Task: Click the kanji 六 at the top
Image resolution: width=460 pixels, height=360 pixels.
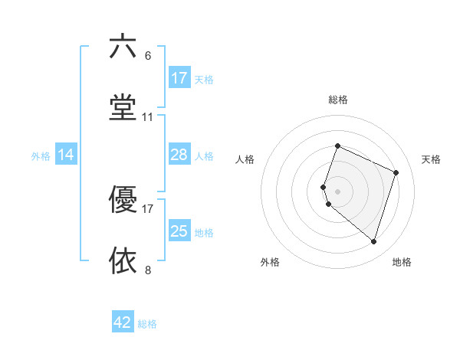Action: pyautogui.click(x=123, y=47)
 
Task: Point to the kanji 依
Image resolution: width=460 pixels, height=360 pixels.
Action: pyautogui.click(x=123, y=260)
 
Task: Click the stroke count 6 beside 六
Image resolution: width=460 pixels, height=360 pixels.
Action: pyautogui.click(x=147, y=56)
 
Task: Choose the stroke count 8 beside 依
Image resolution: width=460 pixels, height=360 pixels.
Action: pyautogui.click(x=147, y=270)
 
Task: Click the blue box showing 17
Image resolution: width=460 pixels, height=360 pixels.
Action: pyautogui.click(x=179, y=78)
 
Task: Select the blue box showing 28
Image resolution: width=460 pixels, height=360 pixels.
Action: pyautogui.click(x=179, y=155)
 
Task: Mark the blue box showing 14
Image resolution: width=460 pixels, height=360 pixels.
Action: pyautogui.click(x=66, y=155)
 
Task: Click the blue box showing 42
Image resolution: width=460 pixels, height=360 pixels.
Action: pyautogui.click(x=123, y=322)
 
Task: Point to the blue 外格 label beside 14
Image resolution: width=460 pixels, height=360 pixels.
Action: pyautogui.click(x=41, y=155)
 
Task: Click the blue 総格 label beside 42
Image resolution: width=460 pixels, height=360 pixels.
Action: pyautogui.click(x=147, y=324)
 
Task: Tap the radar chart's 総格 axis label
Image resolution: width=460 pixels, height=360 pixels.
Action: pyautogui.click(x=337, y=100)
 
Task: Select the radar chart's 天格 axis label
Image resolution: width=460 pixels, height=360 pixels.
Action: pyautogui.click(x=431, y=159)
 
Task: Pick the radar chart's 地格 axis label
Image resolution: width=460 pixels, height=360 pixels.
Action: pyautogui.click(x=402, y=262)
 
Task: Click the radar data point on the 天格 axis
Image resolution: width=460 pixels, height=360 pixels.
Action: pyautogui.click(x=396, y=172)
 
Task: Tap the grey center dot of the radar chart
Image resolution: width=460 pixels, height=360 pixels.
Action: pyautogui.click(x=337, y=191)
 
